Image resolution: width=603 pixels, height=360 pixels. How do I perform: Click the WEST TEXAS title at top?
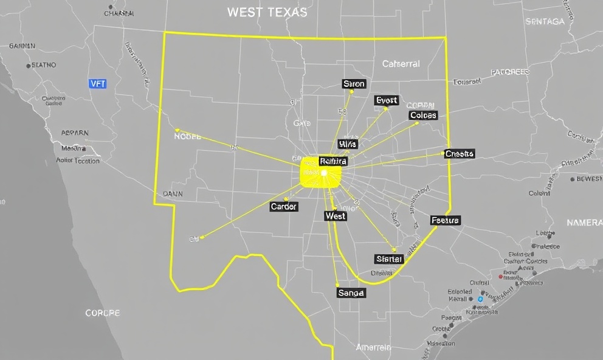click(x=267, y=12)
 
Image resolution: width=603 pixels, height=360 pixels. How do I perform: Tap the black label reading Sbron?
click(x=354, y=84)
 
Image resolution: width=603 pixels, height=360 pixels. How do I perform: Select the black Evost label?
click(x=387, y=100)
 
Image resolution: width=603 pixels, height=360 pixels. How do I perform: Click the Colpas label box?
click(x=423, y=116)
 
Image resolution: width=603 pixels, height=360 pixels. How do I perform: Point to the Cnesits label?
click(x=459, y=154)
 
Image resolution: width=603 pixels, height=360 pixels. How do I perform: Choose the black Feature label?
click(x=445, y=220)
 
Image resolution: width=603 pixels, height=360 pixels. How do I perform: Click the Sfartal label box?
click(x=389, y=259)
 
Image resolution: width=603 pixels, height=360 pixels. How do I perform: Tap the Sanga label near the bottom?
click(x=351, y=293)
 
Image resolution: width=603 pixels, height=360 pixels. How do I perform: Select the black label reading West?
click(x=336, y=216)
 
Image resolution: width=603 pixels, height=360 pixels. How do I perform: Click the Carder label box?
click(x=284, y=207)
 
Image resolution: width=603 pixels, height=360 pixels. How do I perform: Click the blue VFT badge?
click(x=97, y=84)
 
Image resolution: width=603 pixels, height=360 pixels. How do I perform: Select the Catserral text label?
click(x=401, y=64)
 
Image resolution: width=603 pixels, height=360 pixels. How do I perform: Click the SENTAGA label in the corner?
click(x=545, y=21)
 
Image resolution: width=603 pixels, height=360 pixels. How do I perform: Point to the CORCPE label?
click(x=103, y=313)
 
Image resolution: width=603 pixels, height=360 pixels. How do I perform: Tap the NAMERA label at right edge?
click(x=584, y=223)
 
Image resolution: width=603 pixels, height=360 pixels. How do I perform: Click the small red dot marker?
click(x=500, y=277)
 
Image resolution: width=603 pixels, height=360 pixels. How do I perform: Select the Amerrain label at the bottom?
click(x=373, y=348)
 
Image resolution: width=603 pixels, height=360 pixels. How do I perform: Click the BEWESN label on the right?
click(x=589, y=179)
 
